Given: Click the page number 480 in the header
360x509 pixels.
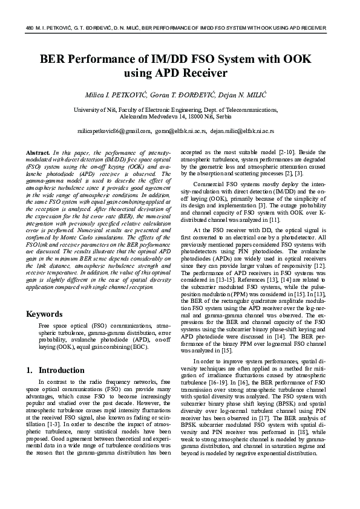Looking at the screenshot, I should [x=31, y=28].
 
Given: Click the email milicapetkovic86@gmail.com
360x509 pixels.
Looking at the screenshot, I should [x=114, y=131].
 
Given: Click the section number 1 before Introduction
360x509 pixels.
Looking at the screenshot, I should [x=29, y=370].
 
